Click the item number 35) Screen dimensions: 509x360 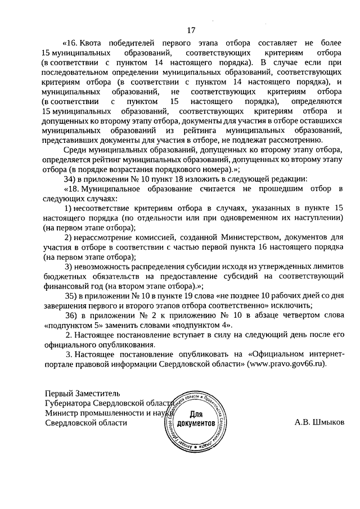tap(71, 295)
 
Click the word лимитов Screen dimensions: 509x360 tap(326, 266)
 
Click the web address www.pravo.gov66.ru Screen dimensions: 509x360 tap(291, 364)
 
